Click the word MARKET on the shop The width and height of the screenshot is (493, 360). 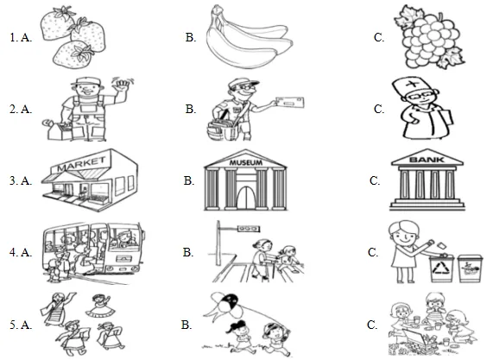pos(81,164)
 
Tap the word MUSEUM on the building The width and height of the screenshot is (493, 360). pos(245,162)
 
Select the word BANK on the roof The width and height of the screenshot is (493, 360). pos(427,160)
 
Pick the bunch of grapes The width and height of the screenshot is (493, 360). pos(429,37)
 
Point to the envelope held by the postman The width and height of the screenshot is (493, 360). pos(289,102)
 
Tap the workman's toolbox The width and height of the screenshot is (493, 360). pos(59,129)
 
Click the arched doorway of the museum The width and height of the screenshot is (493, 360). pos(246,198)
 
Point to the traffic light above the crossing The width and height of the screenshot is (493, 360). pos(249,229)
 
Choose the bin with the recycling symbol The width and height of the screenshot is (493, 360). pos(442,268)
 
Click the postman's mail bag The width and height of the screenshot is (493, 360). pos(223,128)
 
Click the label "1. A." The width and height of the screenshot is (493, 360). pos(21,38)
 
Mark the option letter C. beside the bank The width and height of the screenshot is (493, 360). pos(375,180)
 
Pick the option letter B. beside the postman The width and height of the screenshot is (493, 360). pos(191,109)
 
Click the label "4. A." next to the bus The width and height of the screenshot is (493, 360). pos(21,252)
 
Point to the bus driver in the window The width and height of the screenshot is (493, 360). pos(124,237)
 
